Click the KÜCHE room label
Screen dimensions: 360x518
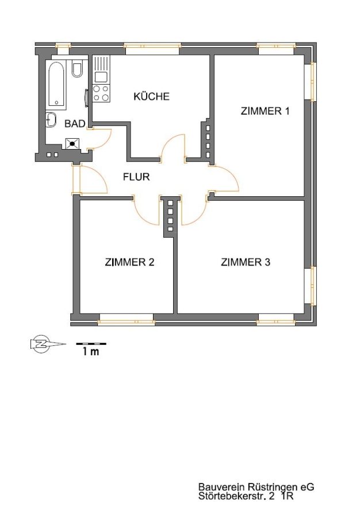pyautogui.click(x=151, y=97)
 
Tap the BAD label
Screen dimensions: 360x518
pyautogui.click(x=75, y=124)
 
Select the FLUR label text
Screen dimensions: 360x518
pyautogui.click(x=136, y=177)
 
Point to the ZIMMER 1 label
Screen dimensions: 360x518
pyautogui.click(x=265, y=111)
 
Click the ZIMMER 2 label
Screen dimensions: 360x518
pyautogui.click(x=129, y=262)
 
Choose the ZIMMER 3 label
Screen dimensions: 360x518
pyautogui.click(x=246, y=262)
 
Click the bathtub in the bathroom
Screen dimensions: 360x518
pyautogui.click(x=58, y=85)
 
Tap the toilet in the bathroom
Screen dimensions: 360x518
pyautogui.click(x=77, y=68)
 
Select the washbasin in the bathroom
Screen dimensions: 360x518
pyautogui.click(x=51, y=120)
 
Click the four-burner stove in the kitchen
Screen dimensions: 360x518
pyautogui.click(x=101, y=93)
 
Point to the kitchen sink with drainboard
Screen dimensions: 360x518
pyautogui.click(x=101, y=70)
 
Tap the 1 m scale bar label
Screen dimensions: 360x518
pyautogui.click(x=91, y=352)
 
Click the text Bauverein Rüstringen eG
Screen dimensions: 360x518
pyautogui.click(x=256, y=487)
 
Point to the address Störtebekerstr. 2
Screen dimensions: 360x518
pyautogui.click(x=236, y=496)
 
